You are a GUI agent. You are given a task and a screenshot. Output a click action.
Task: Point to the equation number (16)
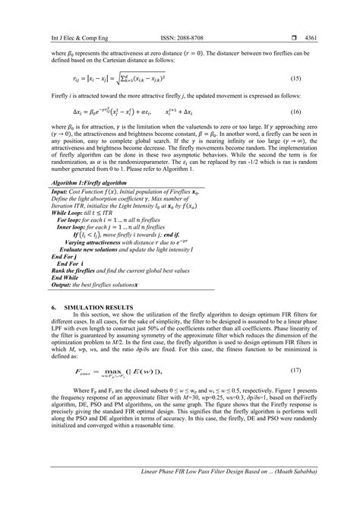tap(322, 110)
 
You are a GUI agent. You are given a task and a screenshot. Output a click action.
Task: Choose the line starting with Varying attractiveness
tap(96, 242)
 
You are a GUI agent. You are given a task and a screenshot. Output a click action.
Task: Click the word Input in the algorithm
tap(60, 193)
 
